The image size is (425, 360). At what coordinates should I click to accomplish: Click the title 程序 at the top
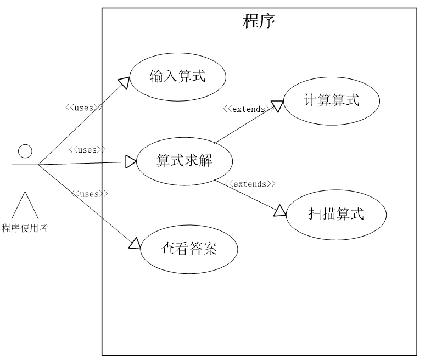click(x=259, y=21)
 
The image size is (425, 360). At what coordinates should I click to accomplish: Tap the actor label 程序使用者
click(x=25, y=228)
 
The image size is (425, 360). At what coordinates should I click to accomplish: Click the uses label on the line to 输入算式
click(x=84, y=108)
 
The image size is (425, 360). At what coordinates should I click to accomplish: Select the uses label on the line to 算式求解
click(x=87, y=150)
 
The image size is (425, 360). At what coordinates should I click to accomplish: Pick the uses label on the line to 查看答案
click(x=89, y=194)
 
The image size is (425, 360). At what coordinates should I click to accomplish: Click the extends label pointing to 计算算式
click(x=249, y=109)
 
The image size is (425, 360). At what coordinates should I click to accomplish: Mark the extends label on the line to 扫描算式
click(x=250, y=184)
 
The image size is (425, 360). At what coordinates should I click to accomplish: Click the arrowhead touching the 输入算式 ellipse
click(x=125, y=82)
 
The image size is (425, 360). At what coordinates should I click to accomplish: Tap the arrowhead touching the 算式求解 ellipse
click(x=131, y=162)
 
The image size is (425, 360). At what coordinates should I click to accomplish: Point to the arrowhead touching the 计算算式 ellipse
click(x=278, y=106)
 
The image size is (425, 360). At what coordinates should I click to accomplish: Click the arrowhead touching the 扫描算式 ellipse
click(x=280, y=211)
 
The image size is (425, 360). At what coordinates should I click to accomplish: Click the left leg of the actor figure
click(x=18, y=205)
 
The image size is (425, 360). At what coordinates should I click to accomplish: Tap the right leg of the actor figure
click(x=32, y=205)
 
